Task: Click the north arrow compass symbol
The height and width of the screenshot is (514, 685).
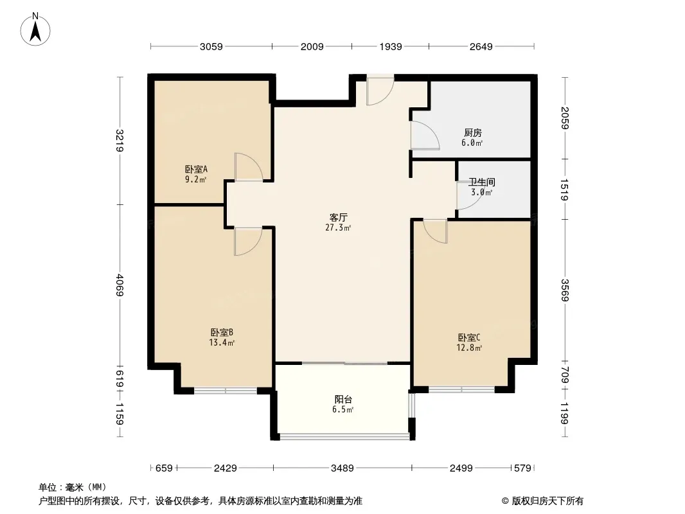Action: [x=35, y=29]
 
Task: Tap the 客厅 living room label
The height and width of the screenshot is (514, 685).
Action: [x=338, y=217]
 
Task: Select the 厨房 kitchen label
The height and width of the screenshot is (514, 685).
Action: [x=473, y=132]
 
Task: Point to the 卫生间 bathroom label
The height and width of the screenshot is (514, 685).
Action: [x=481, y=182]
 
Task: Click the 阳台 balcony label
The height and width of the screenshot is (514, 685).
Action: [x=343, y=399]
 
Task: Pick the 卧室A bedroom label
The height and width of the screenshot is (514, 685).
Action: [x=196, y=169]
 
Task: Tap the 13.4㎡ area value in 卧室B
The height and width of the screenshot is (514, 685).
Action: [x=222, y=343]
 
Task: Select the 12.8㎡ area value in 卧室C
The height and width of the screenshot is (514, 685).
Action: [x=469, y=348]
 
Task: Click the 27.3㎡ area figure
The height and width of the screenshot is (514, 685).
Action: [x=338, y=227]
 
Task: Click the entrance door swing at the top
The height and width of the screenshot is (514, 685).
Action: [x=380, y=91]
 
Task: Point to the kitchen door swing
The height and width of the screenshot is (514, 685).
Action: [x=425, y=136]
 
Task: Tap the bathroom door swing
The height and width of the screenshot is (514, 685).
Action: [x=469, y=195]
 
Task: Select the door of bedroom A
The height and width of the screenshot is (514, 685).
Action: [x=249, y=167]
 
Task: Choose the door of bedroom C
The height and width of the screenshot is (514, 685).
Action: [x=436, y=231]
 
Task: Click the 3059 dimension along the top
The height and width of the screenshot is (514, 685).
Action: [x=211, y=46]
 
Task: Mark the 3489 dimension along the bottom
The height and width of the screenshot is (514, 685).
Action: [x=342, y=468]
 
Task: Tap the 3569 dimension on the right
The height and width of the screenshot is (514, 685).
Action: [x=565, y=290]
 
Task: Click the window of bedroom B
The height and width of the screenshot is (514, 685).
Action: [x=226, y=390]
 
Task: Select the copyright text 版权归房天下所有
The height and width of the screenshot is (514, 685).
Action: [x=547, y=501]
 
